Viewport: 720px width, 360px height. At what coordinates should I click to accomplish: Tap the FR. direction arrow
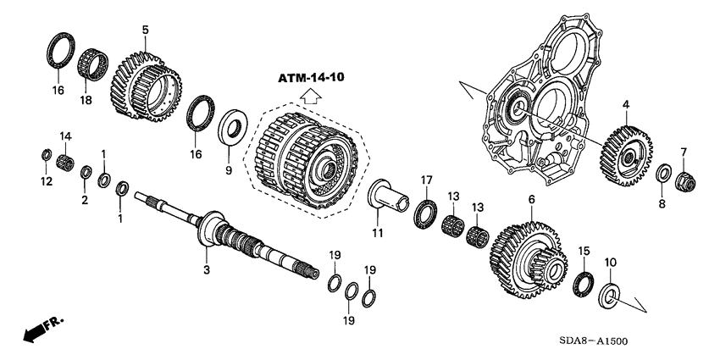coord(42,330)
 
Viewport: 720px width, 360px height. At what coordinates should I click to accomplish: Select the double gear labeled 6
coord(684,180)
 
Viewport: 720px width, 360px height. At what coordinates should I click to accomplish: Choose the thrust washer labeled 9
coord(609,296)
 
